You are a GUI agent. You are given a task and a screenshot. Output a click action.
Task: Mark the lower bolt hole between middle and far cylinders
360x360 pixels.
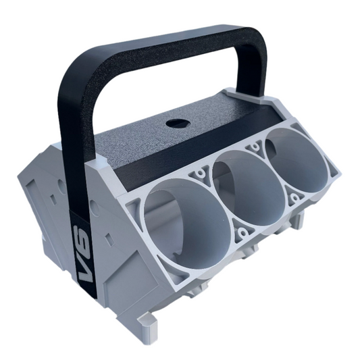pyautogui.click(x=294, y=199)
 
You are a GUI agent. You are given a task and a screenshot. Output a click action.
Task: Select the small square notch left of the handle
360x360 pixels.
pyautogui.click(x=51, y=200)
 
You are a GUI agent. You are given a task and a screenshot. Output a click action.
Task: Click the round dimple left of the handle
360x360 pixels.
pyautogui.click(x=61, y=182)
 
